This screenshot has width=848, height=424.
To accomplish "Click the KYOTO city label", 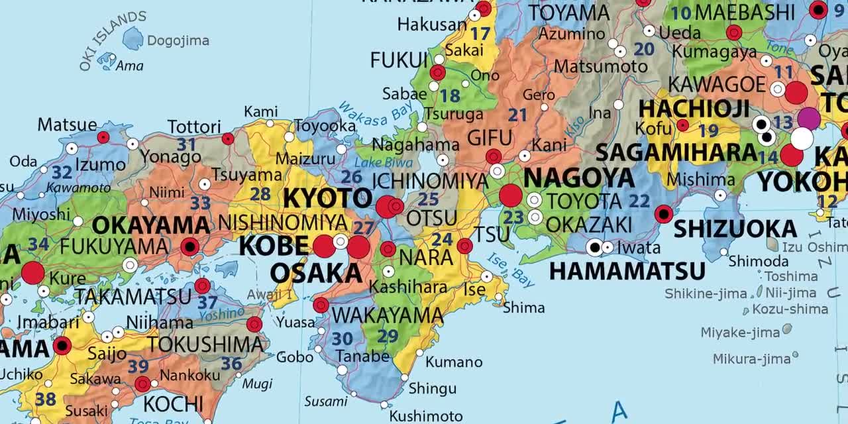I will tap(328, 198).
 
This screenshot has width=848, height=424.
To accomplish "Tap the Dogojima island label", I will tap(178, 40).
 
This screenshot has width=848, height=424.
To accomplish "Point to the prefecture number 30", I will tap(342, 339).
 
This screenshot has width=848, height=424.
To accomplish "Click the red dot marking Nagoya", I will tap(511, 195).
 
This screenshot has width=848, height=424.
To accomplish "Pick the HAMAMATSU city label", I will tap(627, 271).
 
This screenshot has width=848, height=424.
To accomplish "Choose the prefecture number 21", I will tap(517, 115).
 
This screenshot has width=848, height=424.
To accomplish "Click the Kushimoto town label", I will tap(426, 416).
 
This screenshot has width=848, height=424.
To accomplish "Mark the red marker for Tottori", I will tap(228, 138).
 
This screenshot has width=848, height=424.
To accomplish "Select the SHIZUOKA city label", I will tap(735, 229).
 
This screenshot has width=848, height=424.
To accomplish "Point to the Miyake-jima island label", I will tap(740, 333).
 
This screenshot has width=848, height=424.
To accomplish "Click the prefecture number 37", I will tap(207, 302).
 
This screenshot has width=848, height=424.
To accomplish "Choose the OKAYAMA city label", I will tap(151, 225).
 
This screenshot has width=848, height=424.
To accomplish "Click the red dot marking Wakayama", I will tap(321, 305).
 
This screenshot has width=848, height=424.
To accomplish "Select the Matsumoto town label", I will tap(600, 66).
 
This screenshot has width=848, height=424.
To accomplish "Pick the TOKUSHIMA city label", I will tap(205, 344).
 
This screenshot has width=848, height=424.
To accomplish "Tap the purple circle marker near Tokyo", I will tap(809, 118).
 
